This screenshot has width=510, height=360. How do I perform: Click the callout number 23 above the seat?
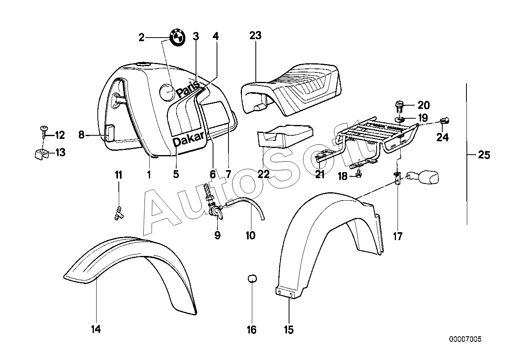coord(255,36)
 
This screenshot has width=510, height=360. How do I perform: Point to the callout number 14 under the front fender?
coord(96,329)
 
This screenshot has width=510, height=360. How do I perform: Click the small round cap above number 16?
coord(252,279)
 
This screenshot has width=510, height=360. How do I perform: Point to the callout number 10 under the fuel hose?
coord(250,236)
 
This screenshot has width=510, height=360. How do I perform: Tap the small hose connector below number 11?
coord(118,214)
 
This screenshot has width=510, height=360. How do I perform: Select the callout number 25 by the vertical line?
coord(484,155)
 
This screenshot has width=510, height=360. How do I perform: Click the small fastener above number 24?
coord(445,121)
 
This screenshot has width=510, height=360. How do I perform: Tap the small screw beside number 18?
coord(358,174)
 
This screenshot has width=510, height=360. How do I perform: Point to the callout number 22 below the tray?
coord(264,174)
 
